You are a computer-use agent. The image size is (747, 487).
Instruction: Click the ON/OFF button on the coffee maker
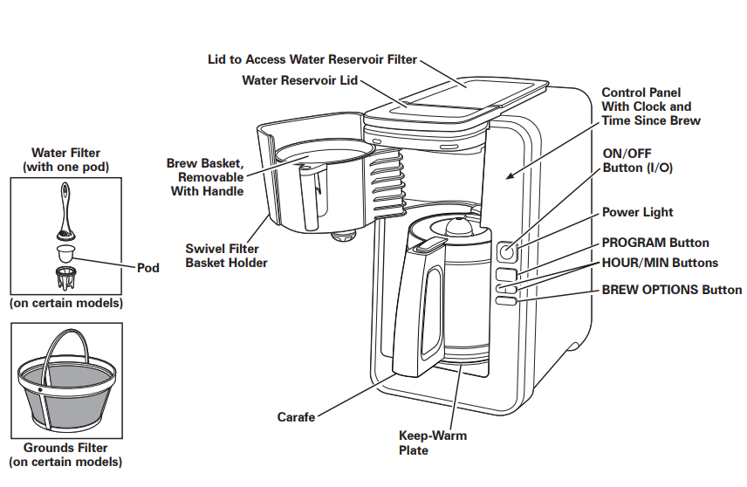tap(507, 252)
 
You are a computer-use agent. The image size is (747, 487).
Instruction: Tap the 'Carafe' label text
tap(296, 417)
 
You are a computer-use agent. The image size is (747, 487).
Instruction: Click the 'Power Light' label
tap(637, 212)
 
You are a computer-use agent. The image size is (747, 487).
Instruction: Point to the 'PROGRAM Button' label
tap(655, 243)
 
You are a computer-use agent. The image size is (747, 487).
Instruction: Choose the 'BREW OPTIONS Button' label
tap(672, 290)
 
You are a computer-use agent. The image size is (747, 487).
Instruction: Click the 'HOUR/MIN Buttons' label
tap(660, 263)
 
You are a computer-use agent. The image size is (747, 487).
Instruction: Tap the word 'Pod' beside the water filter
tap(148, 268)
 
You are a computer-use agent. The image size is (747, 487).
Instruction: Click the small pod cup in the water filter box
tap(64, 254)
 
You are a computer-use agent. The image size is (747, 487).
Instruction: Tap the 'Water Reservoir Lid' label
tap(299, 80)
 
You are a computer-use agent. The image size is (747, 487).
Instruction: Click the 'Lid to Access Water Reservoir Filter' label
tap(312, 60)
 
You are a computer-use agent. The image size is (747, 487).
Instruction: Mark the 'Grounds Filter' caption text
tap(65, 448)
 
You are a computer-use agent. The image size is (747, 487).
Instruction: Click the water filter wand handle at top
tap(65, 197)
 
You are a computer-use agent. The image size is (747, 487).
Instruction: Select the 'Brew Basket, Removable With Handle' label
tap(205, 177)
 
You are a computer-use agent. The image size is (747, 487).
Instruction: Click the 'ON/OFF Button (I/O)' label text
tap(637, 160)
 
